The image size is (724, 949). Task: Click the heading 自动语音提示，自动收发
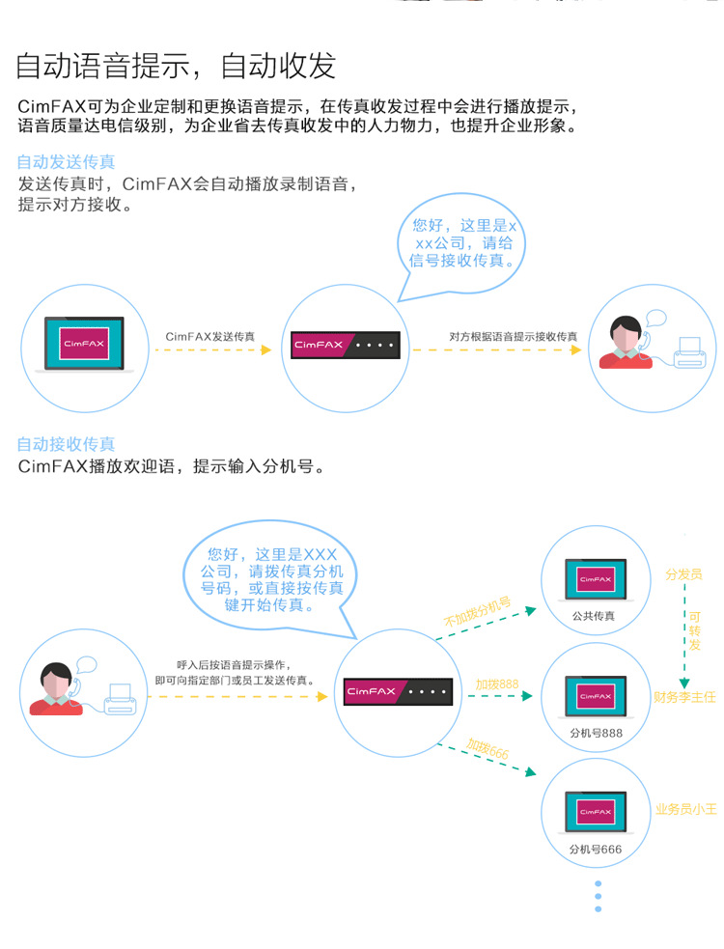176,66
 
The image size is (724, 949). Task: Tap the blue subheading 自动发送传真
66,162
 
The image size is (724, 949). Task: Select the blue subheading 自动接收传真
66,444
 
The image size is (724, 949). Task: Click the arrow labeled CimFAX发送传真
213,349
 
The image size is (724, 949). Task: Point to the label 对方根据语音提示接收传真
513,336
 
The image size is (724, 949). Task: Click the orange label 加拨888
496,684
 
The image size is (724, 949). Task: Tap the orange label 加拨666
487,749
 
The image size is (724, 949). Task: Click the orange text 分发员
682,574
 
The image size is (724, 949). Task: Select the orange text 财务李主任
684,697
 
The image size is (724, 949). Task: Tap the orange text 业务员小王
686,810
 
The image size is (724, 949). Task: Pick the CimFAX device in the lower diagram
397,691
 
